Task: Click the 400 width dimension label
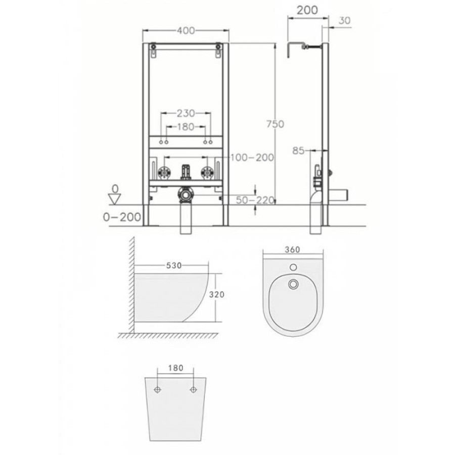point(186,30)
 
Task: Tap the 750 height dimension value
point(276,124)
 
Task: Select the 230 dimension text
point(186,113)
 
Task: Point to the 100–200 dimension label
point(252,158)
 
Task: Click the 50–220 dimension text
point(255,200)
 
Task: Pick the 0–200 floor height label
point(122,217)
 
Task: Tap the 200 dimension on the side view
point(307,10)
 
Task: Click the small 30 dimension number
point(345,20)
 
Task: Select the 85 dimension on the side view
point(298,151)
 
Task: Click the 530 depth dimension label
point(174,265)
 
